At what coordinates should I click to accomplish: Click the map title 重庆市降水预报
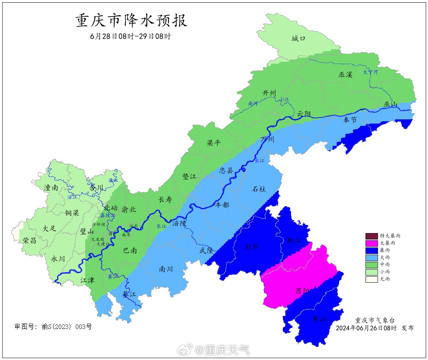131,21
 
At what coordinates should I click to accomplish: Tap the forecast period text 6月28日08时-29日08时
130,37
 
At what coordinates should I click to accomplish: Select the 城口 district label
298,39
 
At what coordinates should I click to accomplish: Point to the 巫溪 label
345,75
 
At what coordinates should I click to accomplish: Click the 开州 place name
269,93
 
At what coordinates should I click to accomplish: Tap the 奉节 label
350,120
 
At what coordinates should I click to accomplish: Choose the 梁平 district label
214,143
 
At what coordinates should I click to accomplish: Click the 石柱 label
259,189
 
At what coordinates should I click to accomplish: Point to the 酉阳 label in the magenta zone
302,291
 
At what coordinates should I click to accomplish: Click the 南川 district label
166,269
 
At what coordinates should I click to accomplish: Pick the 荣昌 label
30,240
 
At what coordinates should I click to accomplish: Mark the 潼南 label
51,187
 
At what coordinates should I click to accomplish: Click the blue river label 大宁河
370,72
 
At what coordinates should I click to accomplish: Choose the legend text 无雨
385,279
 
